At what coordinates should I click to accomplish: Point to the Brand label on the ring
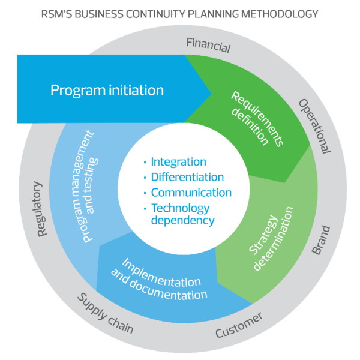click(x=322, y=241)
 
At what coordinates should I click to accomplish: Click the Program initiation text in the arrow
click(x=107, y=91)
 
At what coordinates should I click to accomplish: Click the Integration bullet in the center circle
click(x=178, y=162)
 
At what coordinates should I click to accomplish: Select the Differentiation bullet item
click(x=187, y=177)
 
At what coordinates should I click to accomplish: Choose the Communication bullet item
click(x=191, y=193)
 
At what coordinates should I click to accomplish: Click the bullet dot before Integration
click(x=145, y=163)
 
